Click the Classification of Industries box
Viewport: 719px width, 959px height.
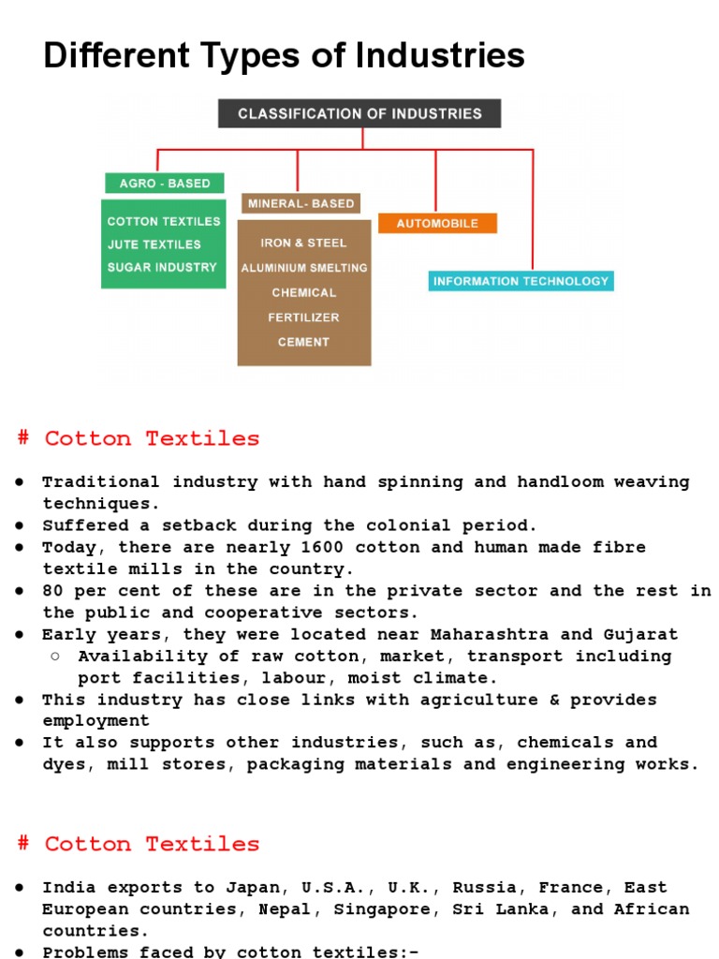(359, 113)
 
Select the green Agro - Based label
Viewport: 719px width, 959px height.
(164, 184)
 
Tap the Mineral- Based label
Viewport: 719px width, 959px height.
(300, 203)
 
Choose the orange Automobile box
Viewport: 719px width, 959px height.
(437, 224)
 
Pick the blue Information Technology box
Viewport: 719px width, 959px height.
(521, 281)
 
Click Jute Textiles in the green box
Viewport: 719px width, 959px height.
(154, 244)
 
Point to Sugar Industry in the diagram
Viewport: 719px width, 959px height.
(162, 267)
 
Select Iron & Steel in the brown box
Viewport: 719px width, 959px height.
(303, 243)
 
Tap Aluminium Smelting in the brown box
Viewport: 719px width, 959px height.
(304, 268)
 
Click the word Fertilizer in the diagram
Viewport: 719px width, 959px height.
(303, 317)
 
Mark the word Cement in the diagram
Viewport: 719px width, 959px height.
(303, 342)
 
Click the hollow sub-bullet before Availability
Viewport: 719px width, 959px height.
(55, 656)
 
